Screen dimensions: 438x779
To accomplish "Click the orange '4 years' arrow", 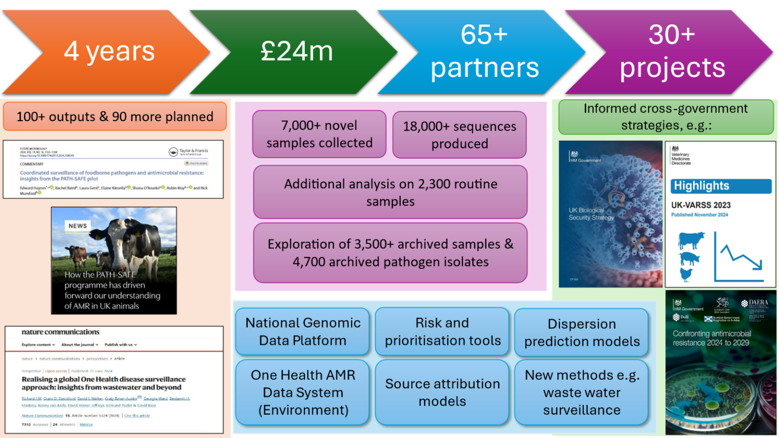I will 109,52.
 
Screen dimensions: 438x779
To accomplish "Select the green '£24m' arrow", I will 297,52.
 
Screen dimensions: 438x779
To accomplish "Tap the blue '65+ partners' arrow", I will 484,52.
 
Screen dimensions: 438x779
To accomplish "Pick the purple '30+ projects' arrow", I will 672,52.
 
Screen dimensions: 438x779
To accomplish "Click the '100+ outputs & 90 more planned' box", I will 115,117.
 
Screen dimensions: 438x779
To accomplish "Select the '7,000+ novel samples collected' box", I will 320,134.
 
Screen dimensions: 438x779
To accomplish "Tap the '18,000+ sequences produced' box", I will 459,135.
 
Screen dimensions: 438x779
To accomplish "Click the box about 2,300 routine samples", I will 391,192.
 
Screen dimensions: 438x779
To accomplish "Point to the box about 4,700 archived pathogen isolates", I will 391,252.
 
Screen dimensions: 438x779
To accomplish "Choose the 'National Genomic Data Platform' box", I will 303,332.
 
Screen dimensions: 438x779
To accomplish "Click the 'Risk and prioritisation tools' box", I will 442,332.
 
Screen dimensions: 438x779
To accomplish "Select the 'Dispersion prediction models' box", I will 582,333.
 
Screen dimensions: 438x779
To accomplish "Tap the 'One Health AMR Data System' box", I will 303,392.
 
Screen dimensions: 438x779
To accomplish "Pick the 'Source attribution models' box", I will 442,392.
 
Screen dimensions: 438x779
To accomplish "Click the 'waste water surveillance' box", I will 582,392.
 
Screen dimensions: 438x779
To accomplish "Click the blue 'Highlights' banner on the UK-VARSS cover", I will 721,186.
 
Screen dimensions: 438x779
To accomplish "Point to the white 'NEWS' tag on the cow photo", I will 78,226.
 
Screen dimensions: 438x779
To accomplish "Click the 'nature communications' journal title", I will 60,332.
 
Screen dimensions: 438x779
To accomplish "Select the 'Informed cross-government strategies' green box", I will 665,117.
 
